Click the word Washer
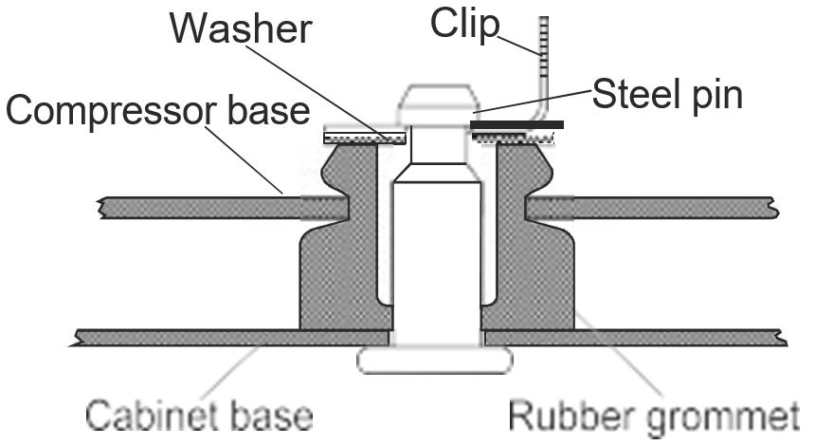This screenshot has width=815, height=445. (x=241, y=29)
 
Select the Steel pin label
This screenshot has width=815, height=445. (x=666, y=94)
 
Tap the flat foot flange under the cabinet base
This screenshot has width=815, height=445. (x=435, y=360)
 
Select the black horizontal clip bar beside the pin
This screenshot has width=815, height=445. (x=516, y=124)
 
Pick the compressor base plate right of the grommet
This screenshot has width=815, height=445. (x=673, y=206)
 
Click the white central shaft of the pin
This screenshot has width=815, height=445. (x=435, y=256)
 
